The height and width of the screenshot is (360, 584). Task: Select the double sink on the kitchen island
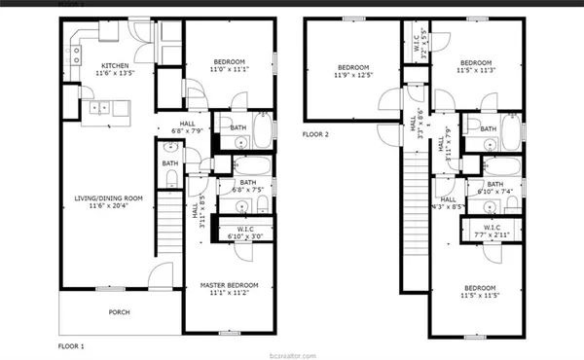click(x=98, y=109)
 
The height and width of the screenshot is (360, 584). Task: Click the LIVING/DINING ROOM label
click(x=109, y=198)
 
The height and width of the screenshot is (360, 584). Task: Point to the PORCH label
click(x=119, y=312)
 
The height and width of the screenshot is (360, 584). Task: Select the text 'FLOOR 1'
click(x=72, y=345)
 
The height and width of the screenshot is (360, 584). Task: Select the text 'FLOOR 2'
click(x=317, y=134)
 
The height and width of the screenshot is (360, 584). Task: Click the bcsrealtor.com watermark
click(x=291, y=352)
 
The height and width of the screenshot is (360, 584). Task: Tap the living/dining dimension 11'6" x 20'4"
click(x=109, y=205)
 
